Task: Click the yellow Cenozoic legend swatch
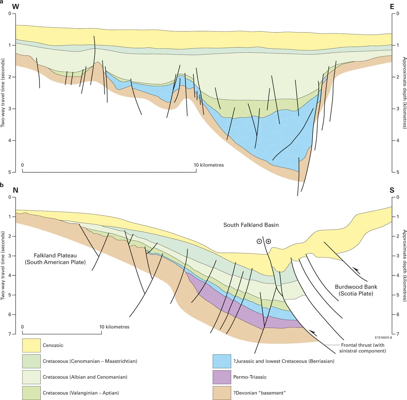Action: click(31, 345)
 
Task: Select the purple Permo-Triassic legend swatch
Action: click(222, 377)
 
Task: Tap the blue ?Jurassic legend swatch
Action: click(222, 361)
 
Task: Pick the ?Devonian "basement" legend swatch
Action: click(222, 393)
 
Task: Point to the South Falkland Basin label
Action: click(251, 225)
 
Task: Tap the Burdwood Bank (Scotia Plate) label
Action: click(356, 290)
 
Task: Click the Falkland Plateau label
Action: click(55, 259)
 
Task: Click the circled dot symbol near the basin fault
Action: click(259, 241)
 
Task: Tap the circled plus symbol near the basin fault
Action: click(268, 241)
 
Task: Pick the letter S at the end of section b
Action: click(392, 190)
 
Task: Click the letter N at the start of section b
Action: click(15, 190)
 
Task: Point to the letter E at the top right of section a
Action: click(392, 7)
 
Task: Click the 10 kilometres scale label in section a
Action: click(209, 165)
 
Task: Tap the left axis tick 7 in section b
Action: click(10, 334)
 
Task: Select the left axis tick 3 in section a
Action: click(10, 109)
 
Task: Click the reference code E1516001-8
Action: click(383, 338)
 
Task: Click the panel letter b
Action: click(2, 185)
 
